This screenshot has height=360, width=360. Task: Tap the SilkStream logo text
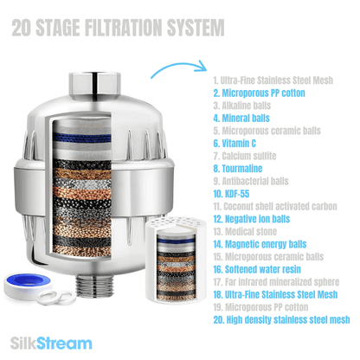pyautogui.click(x=56, y=343)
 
